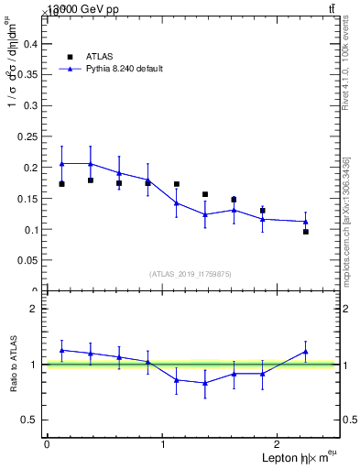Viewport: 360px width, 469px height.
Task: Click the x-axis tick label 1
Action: click(162, 444)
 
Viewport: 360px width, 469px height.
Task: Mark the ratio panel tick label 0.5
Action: click(28, 420)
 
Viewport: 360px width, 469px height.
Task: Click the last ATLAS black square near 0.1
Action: click(306, 232)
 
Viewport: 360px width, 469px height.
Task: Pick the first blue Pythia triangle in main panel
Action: click(61, 163)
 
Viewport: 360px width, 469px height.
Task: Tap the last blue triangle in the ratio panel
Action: click(306, 351)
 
